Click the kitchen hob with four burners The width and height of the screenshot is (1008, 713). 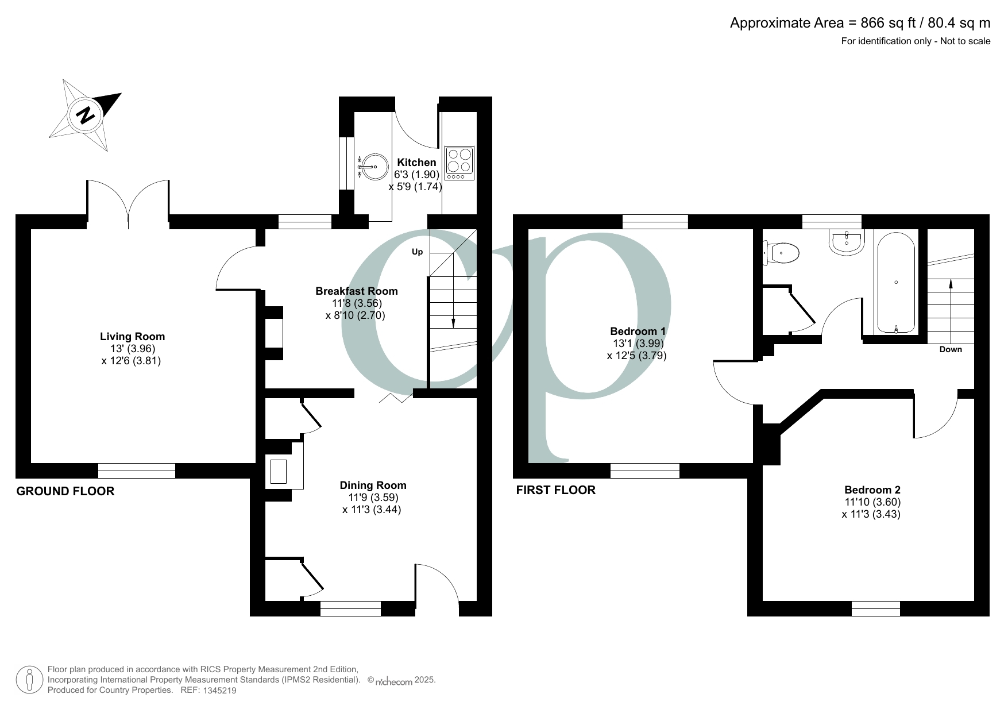point(459,163)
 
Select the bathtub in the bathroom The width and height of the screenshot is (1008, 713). point(896,282)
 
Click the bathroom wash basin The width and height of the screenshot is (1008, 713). point(847,242)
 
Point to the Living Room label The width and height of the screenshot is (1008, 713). point(132,337)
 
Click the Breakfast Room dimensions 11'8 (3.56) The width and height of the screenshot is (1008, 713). point(356,303)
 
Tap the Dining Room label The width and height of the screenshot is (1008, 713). point(373,485)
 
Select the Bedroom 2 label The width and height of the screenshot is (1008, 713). point(872,490)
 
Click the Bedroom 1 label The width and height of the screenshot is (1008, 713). point(637,332)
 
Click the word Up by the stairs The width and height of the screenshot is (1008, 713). point(418,252)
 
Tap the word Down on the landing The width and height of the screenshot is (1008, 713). point(950,349)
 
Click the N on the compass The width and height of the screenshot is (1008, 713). point(86,115)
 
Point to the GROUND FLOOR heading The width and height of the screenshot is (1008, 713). point(65,491)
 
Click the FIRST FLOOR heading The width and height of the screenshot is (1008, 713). point(555,490)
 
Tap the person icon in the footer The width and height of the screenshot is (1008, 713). point(29,680)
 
